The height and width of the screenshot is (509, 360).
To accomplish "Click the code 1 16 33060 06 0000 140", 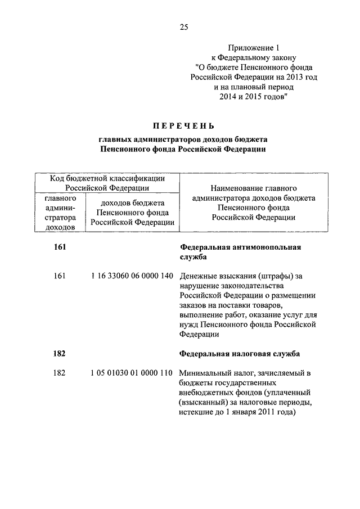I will pyautogui.click(x=130, y=276).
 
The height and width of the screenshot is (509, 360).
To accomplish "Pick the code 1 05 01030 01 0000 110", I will pyautogui.click(x=130, y=373).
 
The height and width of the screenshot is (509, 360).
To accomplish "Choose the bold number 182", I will pyautogui.click(x=60, y=354).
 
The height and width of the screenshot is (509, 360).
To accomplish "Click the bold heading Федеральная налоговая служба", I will pyautogui.click(x=240, y=354).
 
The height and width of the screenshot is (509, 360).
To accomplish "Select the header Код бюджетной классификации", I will pyautogui.click(x=107, y=178).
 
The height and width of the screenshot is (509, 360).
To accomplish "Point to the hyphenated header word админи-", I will pyautogui.click(x=60, y=209).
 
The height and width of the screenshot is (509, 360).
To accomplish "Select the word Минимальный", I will pyautogui.click(x=205, y=373).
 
